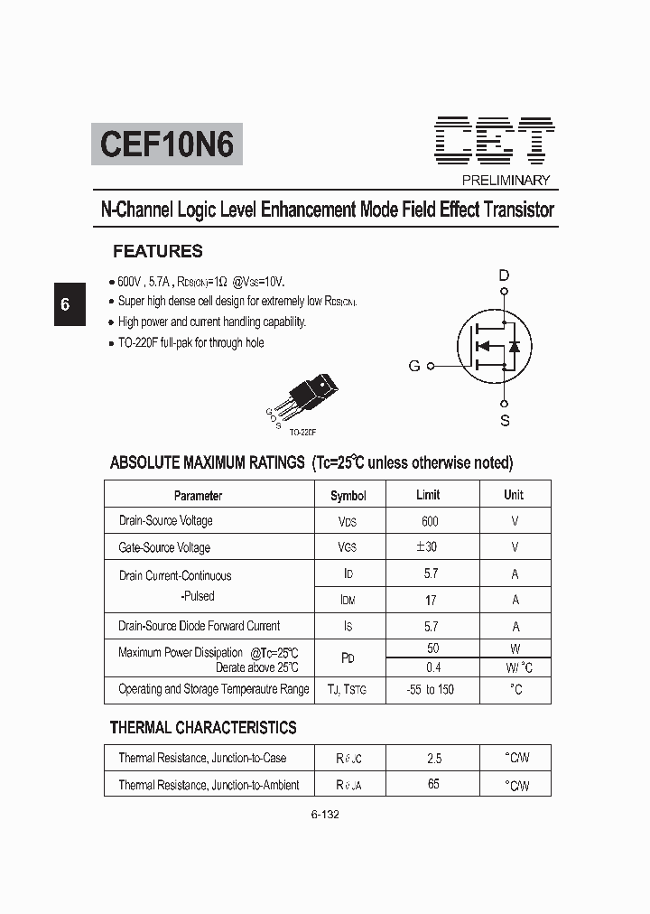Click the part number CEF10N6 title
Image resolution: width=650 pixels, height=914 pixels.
click(167, 144)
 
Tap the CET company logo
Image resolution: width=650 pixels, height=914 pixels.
click(495, 140)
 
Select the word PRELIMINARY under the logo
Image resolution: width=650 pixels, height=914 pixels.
click(506, 180)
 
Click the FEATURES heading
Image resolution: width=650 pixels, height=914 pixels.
click(158, 252)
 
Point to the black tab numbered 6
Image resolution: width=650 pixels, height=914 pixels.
click(65, 303)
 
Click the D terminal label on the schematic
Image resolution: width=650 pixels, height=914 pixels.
click(504, 275)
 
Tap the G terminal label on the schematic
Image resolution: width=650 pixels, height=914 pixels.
click(414, 366)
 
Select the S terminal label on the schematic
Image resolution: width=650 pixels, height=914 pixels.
click(505, 420)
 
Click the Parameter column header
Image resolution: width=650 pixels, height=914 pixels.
click(198, 495)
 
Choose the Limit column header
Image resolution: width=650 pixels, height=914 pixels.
click(428, 494)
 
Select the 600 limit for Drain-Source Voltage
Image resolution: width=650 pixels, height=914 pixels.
click(430, 521)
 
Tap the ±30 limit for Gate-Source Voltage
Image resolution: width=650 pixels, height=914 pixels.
click(427, 547)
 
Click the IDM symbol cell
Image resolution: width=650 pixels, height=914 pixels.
click(348, 600)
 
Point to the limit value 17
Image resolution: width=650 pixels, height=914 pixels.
click(431, 600)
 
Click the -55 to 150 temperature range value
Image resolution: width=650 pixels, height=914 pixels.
click(431, 689)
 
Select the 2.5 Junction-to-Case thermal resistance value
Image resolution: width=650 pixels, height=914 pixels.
click(433, 759)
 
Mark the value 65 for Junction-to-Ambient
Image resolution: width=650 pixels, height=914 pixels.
click(433, 784)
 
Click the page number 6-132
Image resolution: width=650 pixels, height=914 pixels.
click(325, 814)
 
